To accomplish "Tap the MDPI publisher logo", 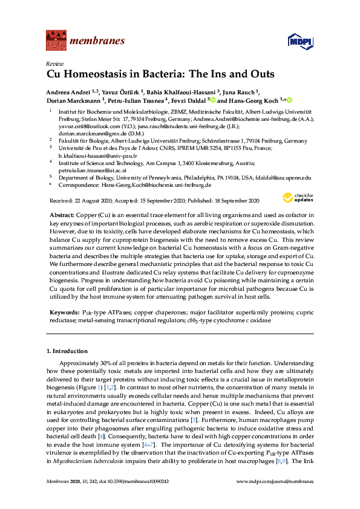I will [x=299, y=41].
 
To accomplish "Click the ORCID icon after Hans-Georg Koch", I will [x=289, y=100].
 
